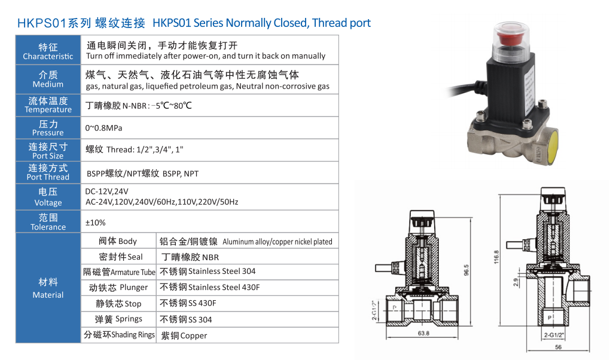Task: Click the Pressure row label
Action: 48,128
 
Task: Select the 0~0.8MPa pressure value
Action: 103,128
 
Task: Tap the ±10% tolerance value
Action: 95,222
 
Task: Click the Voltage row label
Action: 48,197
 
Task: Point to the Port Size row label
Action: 48,151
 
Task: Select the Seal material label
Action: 121,257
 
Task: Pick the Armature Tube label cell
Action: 118,271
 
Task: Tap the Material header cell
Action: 48,288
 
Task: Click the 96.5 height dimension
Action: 466,270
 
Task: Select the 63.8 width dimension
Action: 423,333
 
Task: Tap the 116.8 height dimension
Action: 496,257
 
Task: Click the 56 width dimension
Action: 558,347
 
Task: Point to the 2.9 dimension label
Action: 516,282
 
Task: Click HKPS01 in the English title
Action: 172,23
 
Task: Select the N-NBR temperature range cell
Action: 139,105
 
